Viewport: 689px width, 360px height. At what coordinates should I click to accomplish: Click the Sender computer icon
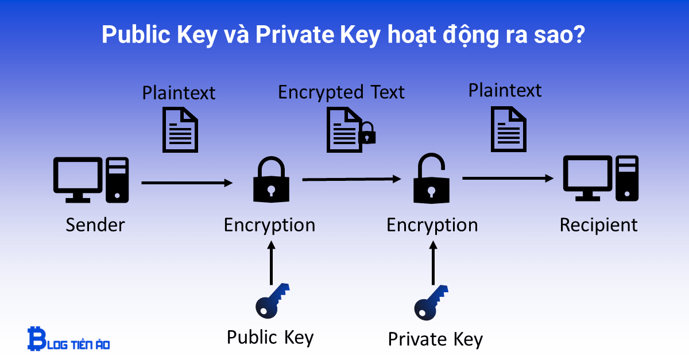pos(91,179)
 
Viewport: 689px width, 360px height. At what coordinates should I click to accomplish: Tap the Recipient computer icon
pos(600,178)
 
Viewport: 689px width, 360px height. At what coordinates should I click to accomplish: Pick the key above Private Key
pos(431,302)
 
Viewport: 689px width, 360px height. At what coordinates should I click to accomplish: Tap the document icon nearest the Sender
pos(180,130)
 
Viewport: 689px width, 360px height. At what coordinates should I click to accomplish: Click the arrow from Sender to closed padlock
pos(187,183)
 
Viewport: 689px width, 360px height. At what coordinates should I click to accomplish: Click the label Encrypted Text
pos(341,92)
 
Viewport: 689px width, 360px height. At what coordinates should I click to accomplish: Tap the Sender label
pos(95,224)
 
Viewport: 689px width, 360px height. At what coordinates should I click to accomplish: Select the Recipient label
pos(598,224)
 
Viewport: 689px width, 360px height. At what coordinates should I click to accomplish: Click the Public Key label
pos(270,336)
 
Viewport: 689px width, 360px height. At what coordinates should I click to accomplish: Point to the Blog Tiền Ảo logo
pos(68,339)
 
